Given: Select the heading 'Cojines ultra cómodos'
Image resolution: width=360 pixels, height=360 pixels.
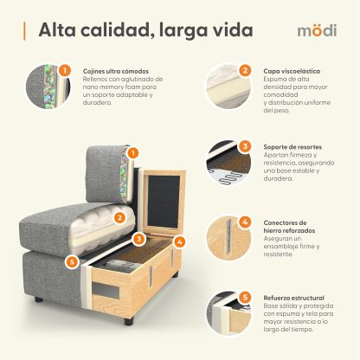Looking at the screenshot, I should tap(114, 72).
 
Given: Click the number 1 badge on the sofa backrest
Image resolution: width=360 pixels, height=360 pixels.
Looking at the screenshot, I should tap(133, 152).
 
